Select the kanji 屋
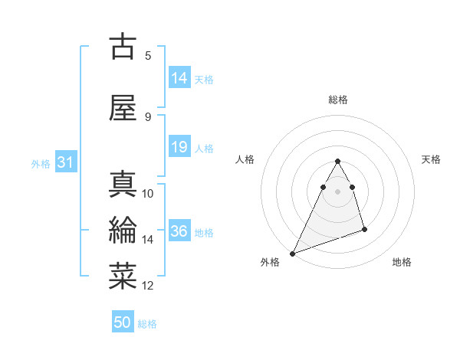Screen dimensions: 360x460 123,107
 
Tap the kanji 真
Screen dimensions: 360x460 123,185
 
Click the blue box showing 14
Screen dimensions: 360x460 179,78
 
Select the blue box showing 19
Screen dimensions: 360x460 179,147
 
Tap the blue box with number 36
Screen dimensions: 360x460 179,232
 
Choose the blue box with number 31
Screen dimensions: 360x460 66,162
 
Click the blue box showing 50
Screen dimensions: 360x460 123,322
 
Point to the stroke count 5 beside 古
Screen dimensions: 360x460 148,55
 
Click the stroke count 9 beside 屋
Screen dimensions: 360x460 148,116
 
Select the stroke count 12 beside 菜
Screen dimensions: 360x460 148,286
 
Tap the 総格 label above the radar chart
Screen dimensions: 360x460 338,100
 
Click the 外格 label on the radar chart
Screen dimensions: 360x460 270,262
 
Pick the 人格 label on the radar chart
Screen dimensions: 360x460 245,159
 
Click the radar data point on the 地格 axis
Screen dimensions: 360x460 364,229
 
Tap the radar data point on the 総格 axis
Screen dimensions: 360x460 337,162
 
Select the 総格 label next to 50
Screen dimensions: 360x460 147,324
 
